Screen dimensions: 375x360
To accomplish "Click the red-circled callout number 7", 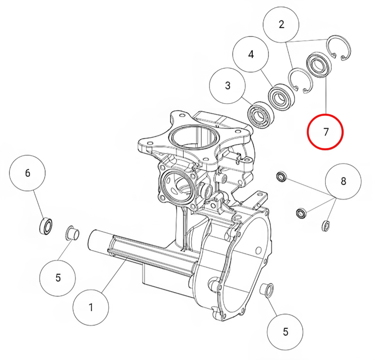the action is coord(325,132).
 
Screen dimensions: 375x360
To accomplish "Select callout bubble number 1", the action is coord(91,307).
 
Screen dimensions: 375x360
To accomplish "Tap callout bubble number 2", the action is coord(281,25).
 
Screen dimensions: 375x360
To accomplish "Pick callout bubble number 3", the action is coord(227,85).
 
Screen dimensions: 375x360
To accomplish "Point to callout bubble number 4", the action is coord(251,54).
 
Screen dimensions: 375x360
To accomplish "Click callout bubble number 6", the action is coord(27,173).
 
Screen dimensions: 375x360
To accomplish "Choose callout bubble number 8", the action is coord(343,181).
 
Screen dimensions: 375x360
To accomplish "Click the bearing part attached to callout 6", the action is coord(45,226).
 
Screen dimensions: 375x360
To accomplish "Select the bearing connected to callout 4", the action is coord(281,97).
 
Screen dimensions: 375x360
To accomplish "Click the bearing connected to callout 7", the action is coord(319,65).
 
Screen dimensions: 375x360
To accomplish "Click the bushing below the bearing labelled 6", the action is coord(72,233).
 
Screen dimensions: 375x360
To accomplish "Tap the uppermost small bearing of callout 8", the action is coord(282,176).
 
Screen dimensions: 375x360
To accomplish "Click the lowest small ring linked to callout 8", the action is coord(326,226).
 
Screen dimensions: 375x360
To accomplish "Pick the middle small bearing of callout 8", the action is coord(301,213).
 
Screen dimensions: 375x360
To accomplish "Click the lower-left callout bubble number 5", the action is coord(57,278).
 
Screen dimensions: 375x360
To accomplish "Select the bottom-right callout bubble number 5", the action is coord(285,332).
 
